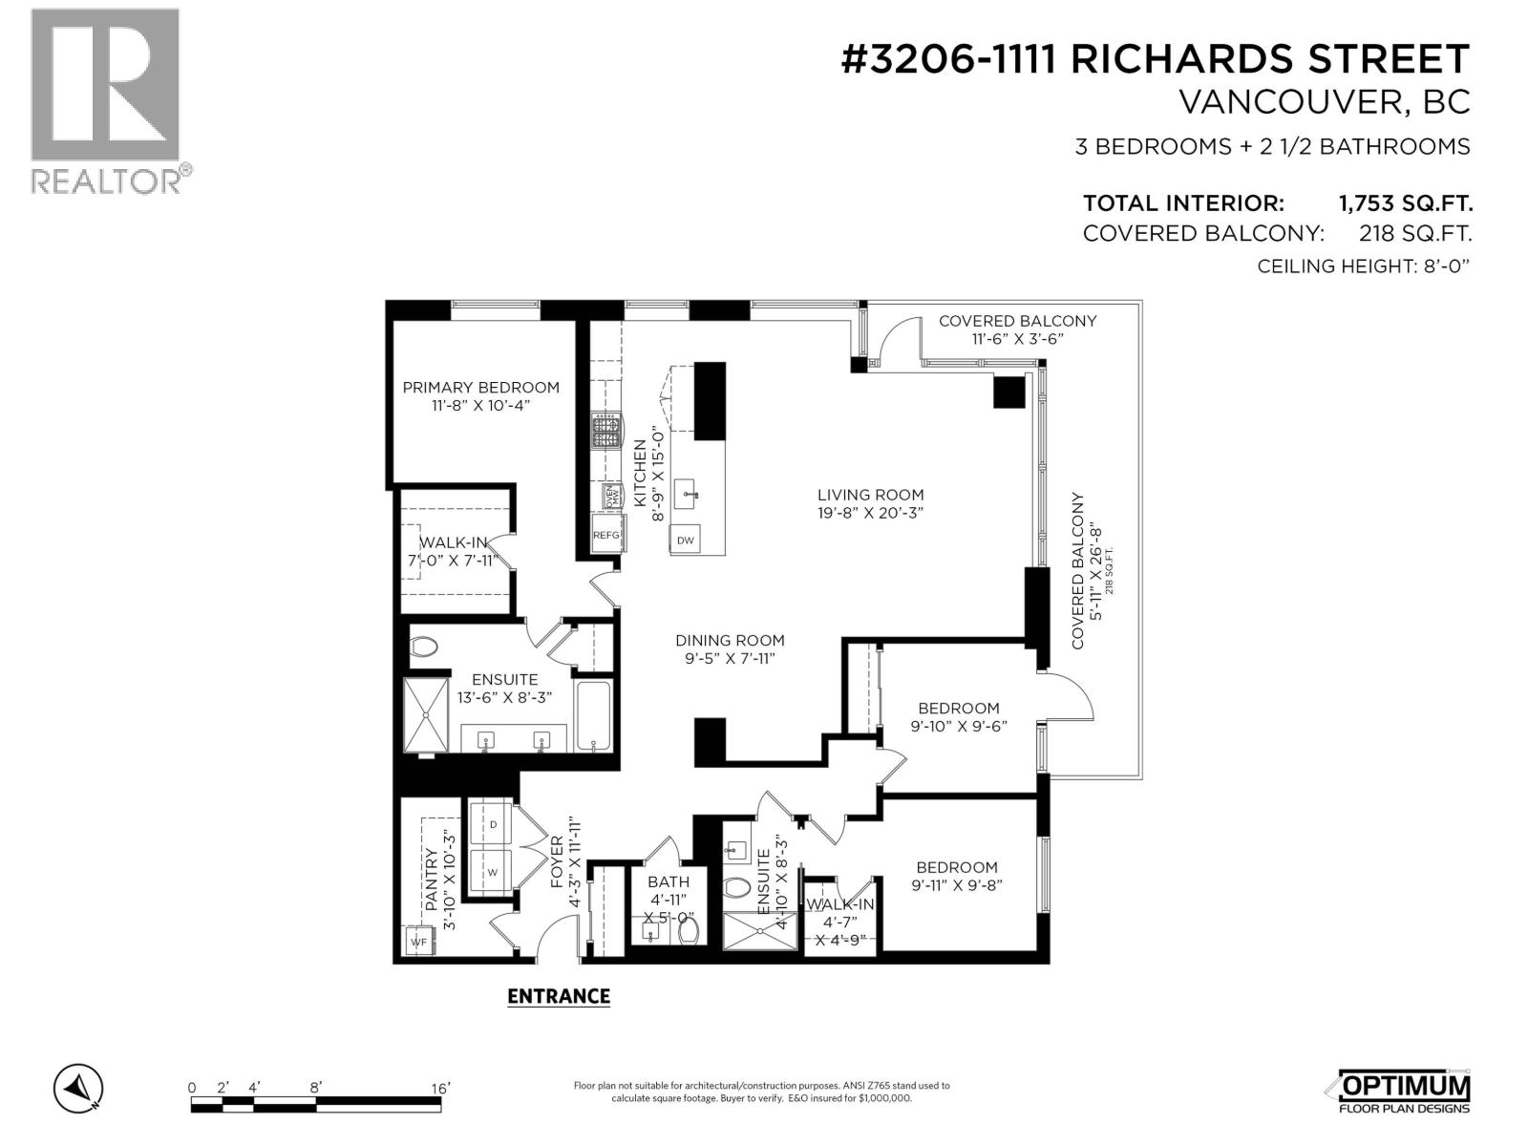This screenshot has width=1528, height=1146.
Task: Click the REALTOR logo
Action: coord(105,100)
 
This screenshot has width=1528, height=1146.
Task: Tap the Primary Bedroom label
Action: coord(480,387)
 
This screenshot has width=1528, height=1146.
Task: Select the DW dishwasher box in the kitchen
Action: coord(685,540)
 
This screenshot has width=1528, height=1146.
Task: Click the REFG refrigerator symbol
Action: coord(606,536)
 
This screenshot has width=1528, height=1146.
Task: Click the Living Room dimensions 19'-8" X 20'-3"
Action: coord(870,513)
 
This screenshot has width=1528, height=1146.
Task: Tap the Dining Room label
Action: coord(730,640)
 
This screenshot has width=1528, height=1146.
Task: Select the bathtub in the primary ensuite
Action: coord(593,716)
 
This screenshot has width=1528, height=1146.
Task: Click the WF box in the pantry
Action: coord(418,942)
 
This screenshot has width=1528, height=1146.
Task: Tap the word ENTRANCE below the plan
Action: coord(558,996)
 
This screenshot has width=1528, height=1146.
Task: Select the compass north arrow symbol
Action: coord(79,1088)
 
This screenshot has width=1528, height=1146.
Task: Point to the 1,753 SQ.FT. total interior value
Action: coord(1405,203)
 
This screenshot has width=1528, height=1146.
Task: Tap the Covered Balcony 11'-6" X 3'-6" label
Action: coord(1017,329)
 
